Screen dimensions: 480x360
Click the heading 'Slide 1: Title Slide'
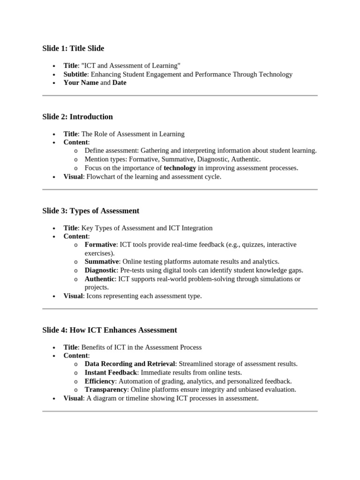pos(73,48)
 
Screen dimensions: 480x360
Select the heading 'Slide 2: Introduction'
pos(77,117)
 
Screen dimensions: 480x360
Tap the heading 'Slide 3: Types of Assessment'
pos(90,211)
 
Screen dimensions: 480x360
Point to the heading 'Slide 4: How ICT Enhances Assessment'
pos(110,330)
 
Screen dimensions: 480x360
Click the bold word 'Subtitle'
pos(75,74)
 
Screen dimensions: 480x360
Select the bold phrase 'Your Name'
pos(81,82)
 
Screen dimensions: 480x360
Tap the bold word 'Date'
pos(119,82)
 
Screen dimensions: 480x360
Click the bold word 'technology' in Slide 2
pos(180,168)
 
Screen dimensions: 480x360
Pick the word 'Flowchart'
pos(101,177)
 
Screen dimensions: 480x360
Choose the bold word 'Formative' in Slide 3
pos(100,245)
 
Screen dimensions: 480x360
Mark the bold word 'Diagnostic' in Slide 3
pos(100,270)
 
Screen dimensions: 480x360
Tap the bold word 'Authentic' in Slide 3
pos(99,279)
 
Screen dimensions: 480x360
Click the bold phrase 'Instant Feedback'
pos(111,372)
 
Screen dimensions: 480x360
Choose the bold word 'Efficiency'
pos(99,381)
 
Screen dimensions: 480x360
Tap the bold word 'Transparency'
pos(105,390)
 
